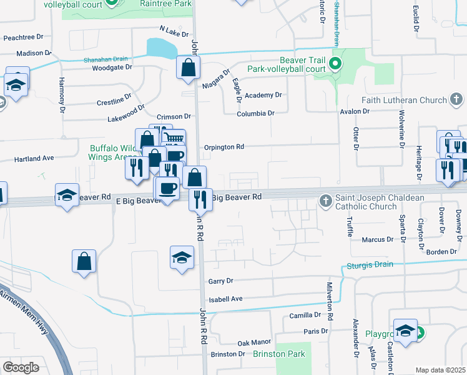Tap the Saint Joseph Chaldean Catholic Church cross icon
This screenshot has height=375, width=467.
[x=325, y=201]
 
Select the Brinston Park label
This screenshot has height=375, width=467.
[x=279, y=354]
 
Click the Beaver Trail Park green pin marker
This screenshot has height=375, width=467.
[x=335, y=63]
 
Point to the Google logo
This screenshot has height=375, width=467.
[x=21, y=367]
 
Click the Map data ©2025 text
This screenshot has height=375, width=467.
[x=440, y=370]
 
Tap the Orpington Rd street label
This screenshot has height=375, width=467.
[x=224, y=147]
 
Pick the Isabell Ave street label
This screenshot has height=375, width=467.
[x=225, y=299]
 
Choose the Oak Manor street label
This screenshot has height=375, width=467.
[x=254, y=342]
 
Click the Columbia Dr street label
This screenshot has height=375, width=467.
[x=255, y=114]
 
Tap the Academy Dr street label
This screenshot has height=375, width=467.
[x=263, y=95]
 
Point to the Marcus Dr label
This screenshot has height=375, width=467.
[x=378, y=239]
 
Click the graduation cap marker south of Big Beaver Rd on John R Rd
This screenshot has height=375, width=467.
[x=182, y=258]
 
